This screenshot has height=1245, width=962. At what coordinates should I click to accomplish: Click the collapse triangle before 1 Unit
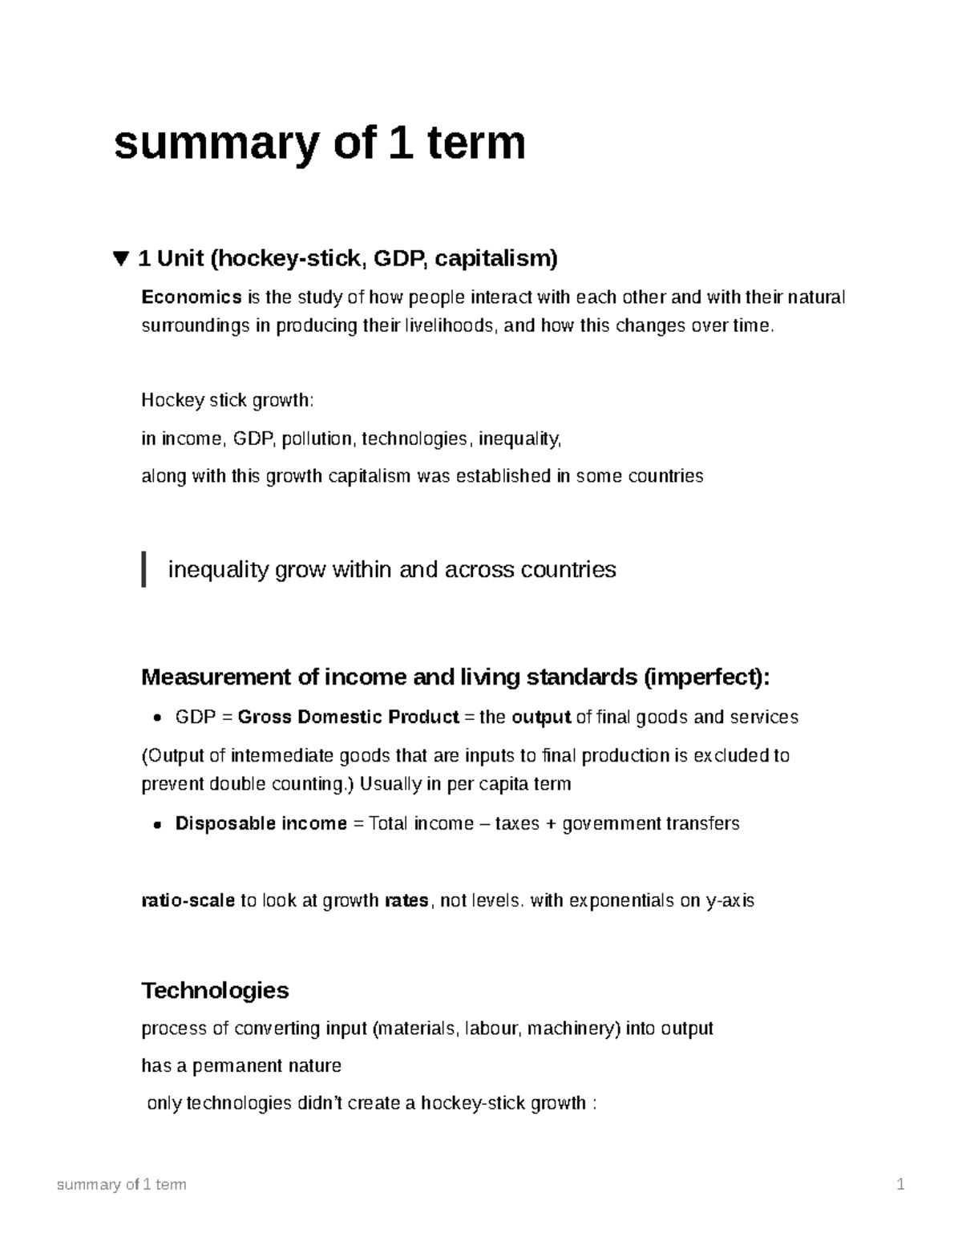click(121, 258)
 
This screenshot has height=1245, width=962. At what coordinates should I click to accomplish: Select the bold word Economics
click(192, 297)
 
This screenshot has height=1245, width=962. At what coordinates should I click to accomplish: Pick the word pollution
click(321, 439)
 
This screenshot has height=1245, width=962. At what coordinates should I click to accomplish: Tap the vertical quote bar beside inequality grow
click(144, 569)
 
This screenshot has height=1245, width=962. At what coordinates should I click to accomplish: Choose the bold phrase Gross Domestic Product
click(348, 717)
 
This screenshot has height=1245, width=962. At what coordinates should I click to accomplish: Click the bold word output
click(541, 717)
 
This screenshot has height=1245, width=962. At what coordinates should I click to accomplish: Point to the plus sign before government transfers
click(551, 823)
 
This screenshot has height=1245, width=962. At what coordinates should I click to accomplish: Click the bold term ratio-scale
click(188, 900)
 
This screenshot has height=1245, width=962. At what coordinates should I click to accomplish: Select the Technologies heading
click(215, 990)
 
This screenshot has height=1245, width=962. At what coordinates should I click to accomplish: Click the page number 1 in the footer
click(901, 1184)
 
